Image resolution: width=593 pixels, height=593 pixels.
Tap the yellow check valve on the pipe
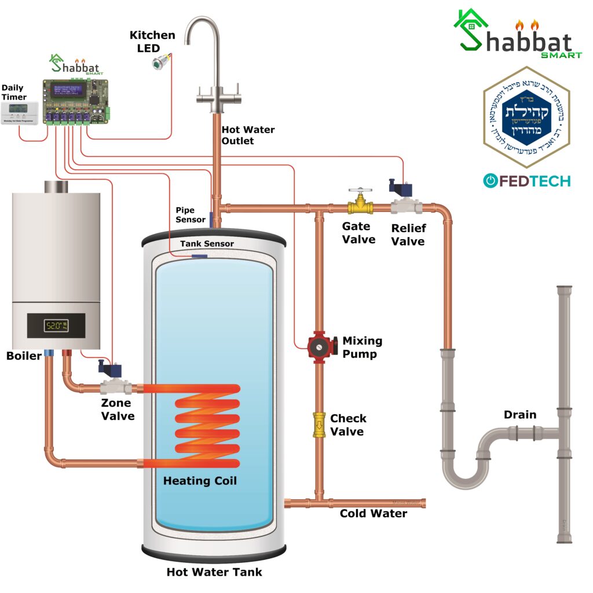[x=319, y=424]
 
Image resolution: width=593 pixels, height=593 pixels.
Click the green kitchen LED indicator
[x=158, y=63]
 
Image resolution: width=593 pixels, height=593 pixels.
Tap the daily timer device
[x=19, y=112]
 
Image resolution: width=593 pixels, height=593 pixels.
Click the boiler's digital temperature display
[x=56, y=325]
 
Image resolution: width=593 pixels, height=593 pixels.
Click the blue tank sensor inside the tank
[x=199, y=256]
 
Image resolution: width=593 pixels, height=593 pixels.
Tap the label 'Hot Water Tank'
[x=214, y=572]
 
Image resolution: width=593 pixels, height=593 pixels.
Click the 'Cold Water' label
[x=373, y=514]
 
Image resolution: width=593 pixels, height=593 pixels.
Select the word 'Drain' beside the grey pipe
[x=519, y=415]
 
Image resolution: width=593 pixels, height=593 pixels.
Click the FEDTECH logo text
[x=526, y=181]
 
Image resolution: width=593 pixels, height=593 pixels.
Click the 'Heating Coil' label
[x=200, y=481]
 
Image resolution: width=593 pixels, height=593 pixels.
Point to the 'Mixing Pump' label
[x=362, y=347]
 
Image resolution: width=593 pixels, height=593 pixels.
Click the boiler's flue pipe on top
[x=56, y=186]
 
